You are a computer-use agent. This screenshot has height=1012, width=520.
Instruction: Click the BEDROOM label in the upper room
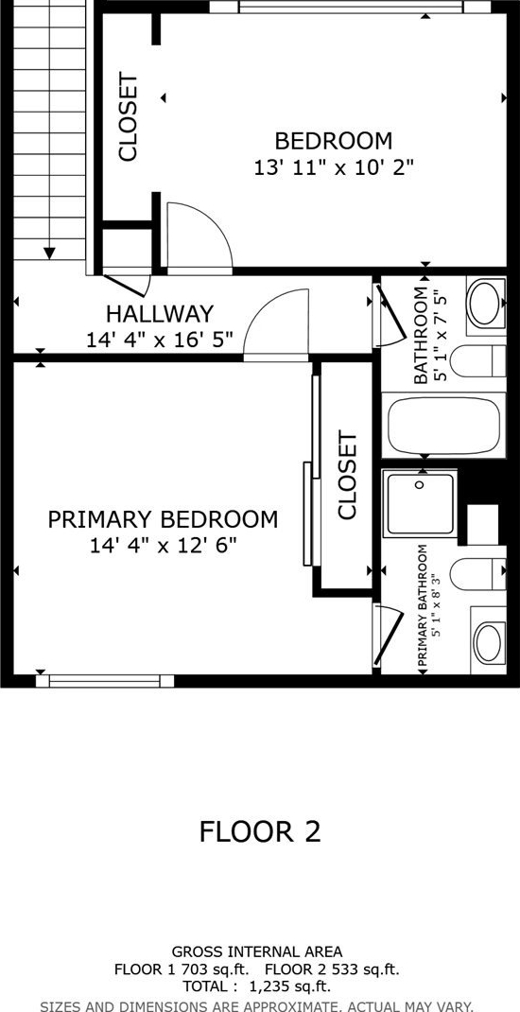[x=334, y=140]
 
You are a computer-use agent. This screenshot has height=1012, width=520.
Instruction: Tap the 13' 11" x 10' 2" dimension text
[x=333, y=168]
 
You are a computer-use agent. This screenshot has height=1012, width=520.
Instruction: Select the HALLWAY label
[x=160, y=314]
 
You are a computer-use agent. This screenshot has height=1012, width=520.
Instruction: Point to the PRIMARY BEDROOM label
[x=164, y=519]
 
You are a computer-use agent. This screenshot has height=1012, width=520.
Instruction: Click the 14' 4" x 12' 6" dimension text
[x=164, y=547]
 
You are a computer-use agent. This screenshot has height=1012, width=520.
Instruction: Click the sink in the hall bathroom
[x=486, y=303]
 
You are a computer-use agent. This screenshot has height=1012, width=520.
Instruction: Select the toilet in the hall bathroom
[x=477, y=360]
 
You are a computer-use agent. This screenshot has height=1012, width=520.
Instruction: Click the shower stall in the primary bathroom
[x=420, y=503]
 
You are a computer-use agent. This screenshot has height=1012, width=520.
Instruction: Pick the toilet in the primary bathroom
[x=478, y=573]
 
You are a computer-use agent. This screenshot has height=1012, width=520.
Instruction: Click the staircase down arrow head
[x=49, y=253]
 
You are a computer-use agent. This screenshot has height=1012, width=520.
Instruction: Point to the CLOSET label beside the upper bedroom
[x=128, y=118]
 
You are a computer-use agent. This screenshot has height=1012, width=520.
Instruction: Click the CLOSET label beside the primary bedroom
[x=347, y=476]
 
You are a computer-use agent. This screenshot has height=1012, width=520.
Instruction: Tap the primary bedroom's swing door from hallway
[x=275, y=323]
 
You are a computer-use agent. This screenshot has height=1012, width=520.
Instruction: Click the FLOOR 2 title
[x=260, y=831]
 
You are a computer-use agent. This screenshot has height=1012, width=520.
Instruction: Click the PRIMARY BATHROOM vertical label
[x=423, y=606]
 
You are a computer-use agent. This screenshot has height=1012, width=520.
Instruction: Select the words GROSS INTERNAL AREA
[x=257, y=951]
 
